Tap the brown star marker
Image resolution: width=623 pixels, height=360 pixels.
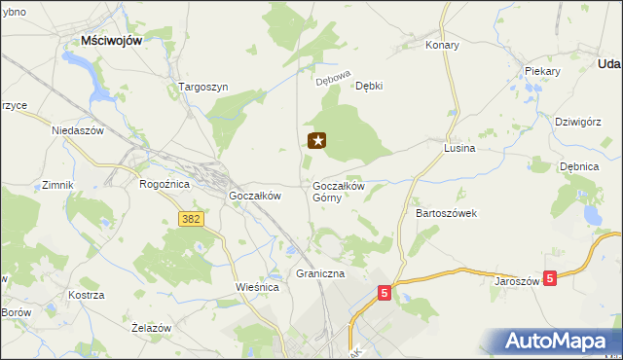[317, 141]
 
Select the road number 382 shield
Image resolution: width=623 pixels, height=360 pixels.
[191, 219]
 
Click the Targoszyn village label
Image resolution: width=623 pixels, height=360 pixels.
[203, 87]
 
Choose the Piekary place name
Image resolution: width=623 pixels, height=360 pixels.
[542, 72]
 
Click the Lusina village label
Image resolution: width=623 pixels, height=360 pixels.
[458, 149]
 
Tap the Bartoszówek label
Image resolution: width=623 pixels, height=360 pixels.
[446, 212]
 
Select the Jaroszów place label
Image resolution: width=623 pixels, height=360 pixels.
[517, 279]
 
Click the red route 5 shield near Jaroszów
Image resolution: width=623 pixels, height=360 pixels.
[551, 278]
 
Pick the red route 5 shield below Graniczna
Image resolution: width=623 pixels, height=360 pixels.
[385, 291]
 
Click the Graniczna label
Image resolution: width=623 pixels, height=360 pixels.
[321, 274]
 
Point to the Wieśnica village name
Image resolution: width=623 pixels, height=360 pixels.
[258, 288]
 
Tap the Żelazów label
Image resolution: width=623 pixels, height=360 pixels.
[151, 328]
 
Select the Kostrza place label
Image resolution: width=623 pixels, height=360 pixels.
[87, 294]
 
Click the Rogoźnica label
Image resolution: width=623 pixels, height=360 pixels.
[164, 183]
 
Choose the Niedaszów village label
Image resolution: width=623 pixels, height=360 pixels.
[78, 129]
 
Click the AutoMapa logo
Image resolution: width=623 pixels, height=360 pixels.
[557, 341]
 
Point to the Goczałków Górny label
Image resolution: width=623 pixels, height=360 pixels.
[338, 191]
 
